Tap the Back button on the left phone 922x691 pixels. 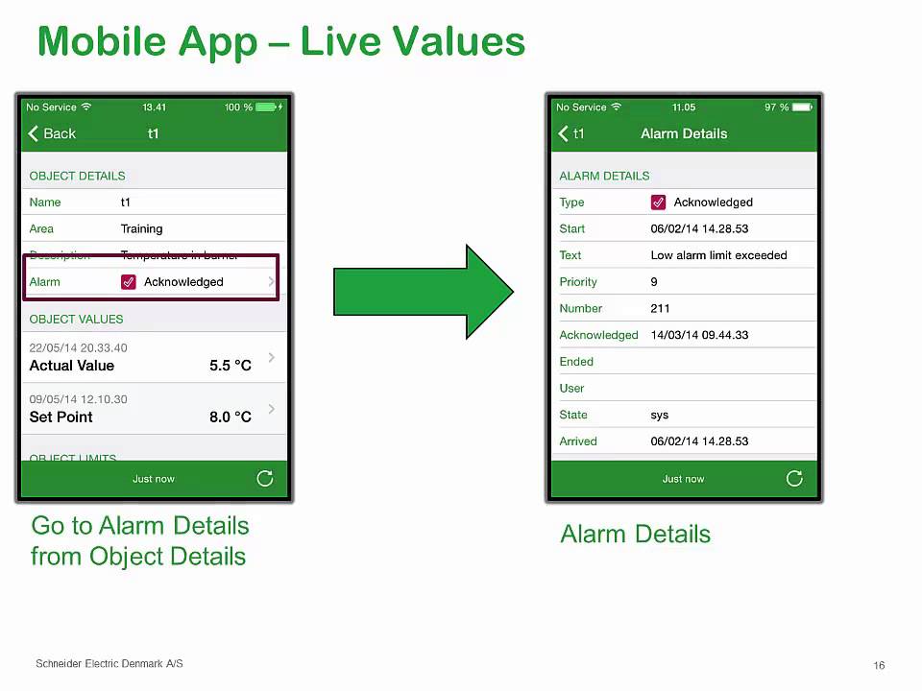pos(52,133)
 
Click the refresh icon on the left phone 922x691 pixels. pos(265,478)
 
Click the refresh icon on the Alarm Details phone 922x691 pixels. pos(794,478)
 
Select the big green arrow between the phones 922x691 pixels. pos(424,292)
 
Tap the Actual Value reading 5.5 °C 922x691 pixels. pos(230,366)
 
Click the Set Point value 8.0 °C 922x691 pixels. pos(230,417)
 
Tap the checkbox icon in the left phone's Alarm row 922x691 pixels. pos(129,282)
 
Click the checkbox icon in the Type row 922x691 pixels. pos(658,203)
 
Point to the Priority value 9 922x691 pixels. pos(654,282)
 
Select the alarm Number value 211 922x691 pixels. pos(660,308)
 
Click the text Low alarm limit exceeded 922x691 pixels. pos(718,255)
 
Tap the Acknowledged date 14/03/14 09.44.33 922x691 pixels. pos(699,335)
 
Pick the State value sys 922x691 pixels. pos(659,415)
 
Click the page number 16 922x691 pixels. pos(879,665)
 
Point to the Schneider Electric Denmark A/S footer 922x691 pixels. pos(109,663)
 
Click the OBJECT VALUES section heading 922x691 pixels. pos(76,319)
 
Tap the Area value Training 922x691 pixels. pos(141,228)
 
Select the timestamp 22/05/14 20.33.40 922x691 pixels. pos(78,347)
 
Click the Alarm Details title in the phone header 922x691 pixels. pos(684,133)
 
